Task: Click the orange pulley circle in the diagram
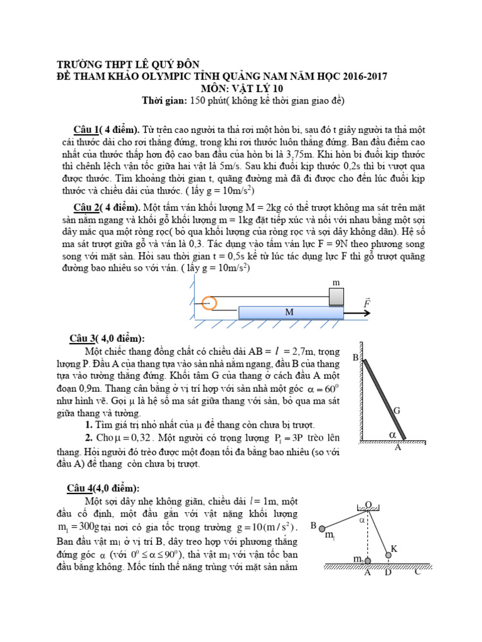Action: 210,303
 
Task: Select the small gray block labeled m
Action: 336,297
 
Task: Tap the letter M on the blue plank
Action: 289,312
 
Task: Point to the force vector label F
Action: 367,303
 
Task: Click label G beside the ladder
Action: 397,411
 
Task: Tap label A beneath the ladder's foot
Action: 397,448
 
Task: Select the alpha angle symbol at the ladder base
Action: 393,434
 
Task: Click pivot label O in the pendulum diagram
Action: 369,504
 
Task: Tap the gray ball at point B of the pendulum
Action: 322,528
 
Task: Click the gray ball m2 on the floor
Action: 367,560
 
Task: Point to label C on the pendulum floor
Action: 417,572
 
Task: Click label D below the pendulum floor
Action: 388,572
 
